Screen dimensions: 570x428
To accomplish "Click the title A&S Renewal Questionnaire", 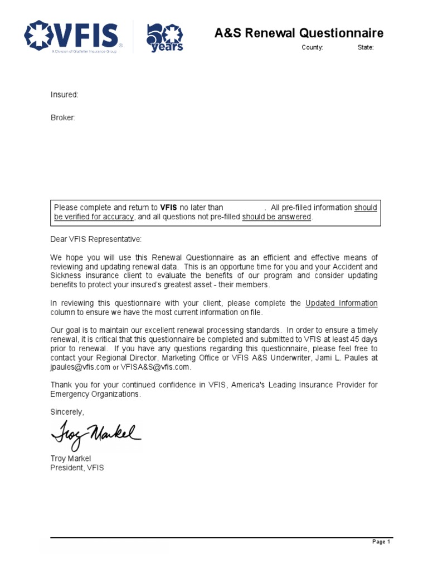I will pyautogui.click(x=299, y=33).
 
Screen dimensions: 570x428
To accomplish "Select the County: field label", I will pyautogui.click(x=312, y=48).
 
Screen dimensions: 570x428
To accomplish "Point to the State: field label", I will pyautogui.click(x=366, y=48).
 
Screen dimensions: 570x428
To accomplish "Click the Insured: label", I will pyautogui.click(x=65, y=95).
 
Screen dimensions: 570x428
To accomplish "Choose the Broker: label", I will pyautogui.click(x=63, y=119).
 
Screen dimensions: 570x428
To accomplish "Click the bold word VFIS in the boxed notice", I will pyautogui.click(x=168, y=208).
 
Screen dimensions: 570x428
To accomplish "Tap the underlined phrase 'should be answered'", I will pyautogui.click(x=276, y=217).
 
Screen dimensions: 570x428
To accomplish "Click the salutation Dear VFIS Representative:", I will pyautogui.click(x=96, y=239).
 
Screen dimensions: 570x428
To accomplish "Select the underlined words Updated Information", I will pyautogui.click(x=341, y=303).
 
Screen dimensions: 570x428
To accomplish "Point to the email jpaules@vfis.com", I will pyautogui.click(x=80, y=367).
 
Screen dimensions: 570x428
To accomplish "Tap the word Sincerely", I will pyautogui.click(x=67, y=412).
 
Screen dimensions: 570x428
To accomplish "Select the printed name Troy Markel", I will pyautogui.click(x=70, y=459).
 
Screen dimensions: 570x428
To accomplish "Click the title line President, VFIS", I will pyautogui.click(x=77, y=468).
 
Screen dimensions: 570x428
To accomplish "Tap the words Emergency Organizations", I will pyautogui.click(x=95, y=394).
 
